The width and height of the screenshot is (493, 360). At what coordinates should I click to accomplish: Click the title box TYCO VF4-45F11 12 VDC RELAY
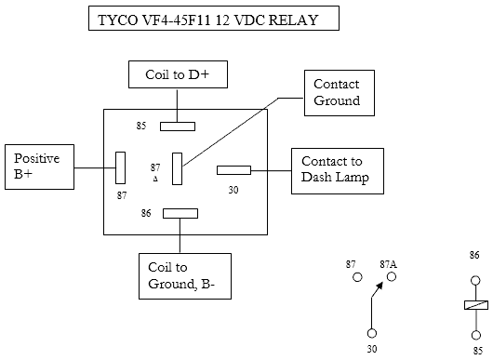pyautogui.click(x=214, y=19)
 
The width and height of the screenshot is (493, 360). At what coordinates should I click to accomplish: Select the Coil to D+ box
pyautogui.click(x=178, y=74)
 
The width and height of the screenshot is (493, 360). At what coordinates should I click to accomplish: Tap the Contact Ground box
pyautogui.click(x=340, y=93)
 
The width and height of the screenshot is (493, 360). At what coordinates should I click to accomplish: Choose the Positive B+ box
pyautogui.click(x=40, y=167)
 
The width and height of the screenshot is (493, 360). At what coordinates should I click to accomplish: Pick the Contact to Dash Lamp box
pyautogui.click(x=338, y=171)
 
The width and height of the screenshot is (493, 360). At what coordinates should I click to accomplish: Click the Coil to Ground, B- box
pyautogui.click(x=185, y=276)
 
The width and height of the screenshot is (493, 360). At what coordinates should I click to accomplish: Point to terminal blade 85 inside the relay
pyautogui.click(x=178, y=127)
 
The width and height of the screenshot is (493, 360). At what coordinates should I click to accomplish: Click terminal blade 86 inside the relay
pyautogui.click(x=180, y=213)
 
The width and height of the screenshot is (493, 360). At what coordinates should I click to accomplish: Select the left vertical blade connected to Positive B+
pyautogui.click(x=120, y=167)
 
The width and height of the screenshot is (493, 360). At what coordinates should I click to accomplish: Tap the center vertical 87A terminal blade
pyautogui.click(x=177, y=169)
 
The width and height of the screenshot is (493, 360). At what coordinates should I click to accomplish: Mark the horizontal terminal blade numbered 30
pyautogui.click(x=233, y=170)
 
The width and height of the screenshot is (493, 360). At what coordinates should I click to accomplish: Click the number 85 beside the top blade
pyautogui.click(x=141, y=126)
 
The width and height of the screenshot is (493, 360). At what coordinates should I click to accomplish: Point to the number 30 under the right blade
pyautogui.click(x=233, y=190)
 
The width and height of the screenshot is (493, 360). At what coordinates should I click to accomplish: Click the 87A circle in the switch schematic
pyautogui.click(x=392, y=276)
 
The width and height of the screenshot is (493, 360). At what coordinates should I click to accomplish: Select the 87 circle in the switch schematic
pyautogui.click(x=357, y=277)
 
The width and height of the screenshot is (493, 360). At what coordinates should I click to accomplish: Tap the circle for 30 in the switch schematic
pyautogui.click(x=372, y=333)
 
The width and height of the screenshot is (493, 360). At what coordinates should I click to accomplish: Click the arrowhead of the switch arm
pyautogui.click(x=380, y=286)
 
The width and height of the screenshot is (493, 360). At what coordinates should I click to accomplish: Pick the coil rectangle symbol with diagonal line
pyautogui.click(x=476, y=305)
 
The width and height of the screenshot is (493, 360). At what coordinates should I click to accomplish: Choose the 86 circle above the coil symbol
pyautogui.click(x=475, y=280)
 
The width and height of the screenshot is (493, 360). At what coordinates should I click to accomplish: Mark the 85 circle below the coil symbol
pyautogui.click(x=476, y=335)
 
